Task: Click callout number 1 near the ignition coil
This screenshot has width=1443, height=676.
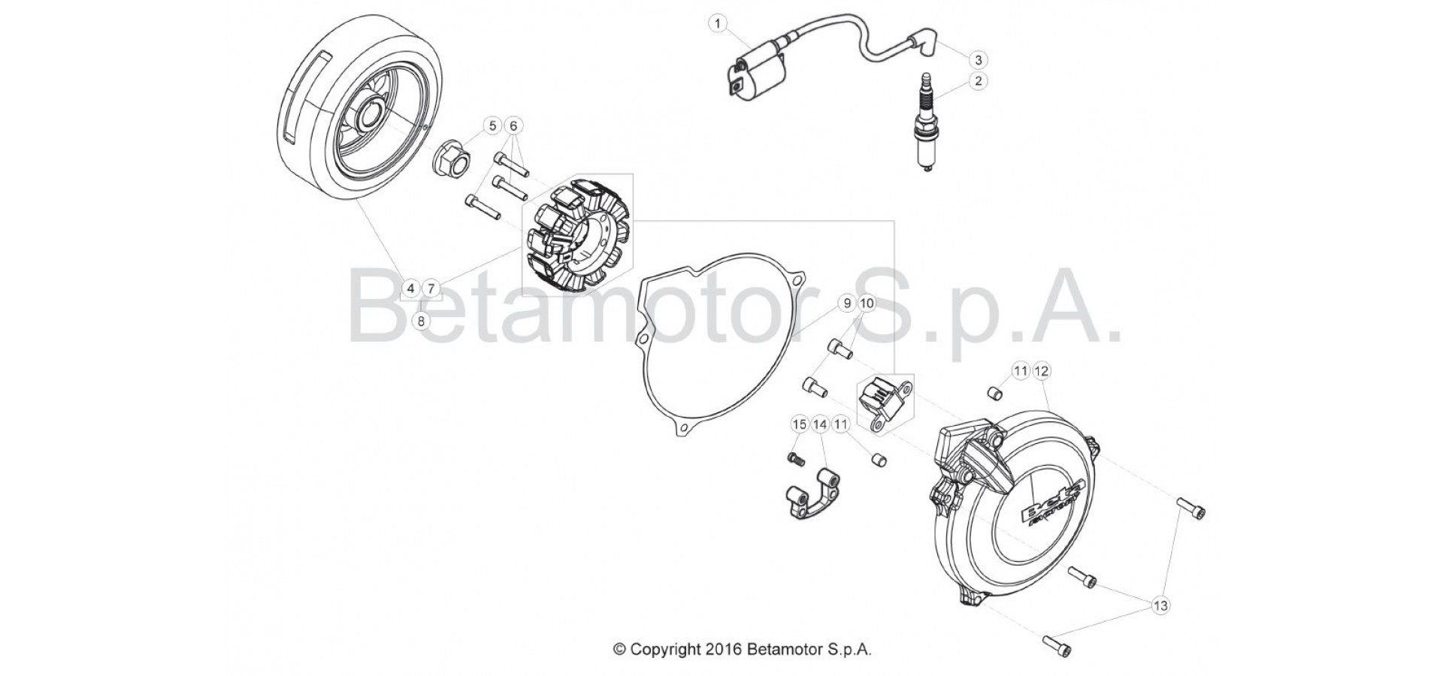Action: [x=718, y=24]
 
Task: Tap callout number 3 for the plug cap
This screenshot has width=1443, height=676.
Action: [x=978, y=59]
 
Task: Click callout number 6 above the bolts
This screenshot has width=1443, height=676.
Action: [x=513, y=125]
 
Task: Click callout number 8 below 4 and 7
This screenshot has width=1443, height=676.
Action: [x=421, y=321]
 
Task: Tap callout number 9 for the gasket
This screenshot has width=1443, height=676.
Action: [x=846, y=303]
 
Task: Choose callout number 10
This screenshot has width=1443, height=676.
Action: [x=867, y=303]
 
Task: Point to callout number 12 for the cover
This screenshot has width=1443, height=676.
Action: [x=1042, y=371]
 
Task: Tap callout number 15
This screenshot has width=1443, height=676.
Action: [x=800, y=425]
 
